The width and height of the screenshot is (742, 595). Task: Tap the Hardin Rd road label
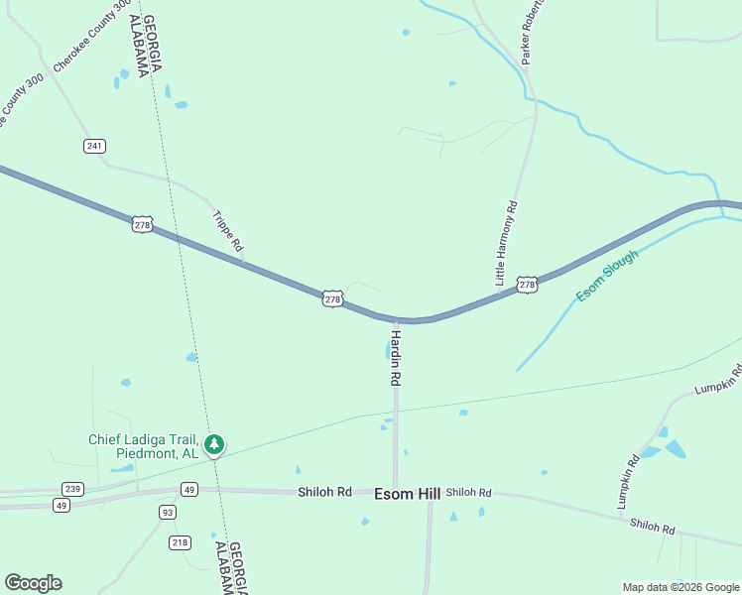coord(395,358)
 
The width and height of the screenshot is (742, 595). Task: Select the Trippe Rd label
coord(228,230)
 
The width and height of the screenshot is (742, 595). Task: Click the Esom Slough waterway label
coord(607,276)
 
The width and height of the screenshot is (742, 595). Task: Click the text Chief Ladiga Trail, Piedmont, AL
coord(144,446)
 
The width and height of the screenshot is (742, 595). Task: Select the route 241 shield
coord(94,146)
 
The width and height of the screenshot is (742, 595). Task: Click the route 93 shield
coord(168,512)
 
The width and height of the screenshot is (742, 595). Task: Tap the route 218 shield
coord(180,541)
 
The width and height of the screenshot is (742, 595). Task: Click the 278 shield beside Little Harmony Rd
coord(527,285)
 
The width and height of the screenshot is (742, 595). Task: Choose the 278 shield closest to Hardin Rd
coord(332,298)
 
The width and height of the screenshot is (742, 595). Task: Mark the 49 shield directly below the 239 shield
coord(62,505)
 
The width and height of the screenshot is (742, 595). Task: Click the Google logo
coord(34,583)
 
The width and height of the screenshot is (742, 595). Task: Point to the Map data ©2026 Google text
coord(680,587)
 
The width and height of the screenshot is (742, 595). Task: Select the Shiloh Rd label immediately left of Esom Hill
coord(324,492)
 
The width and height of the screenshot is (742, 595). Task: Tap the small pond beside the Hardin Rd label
coord(386,349)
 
